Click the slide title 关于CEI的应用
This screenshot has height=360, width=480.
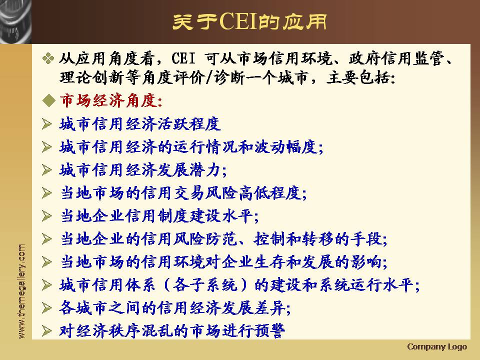point(249,21)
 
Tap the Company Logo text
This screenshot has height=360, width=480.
point(437,346)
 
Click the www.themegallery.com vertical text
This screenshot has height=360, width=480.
point(21,291)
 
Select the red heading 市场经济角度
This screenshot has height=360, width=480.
point(111,100)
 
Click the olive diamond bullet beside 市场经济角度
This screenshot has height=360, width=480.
point(49,100)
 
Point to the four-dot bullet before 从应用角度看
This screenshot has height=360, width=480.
point(48,58)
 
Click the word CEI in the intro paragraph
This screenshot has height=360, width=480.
point(183,58)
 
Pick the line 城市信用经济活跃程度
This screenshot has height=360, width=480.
point(140,124)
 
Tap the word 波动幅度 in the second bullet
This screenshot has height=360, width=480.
point(285,147)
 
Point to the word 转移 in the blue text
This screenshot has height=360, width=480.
point(318,239)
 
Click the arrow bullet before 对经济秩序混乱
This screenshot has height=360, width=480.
point(47,331)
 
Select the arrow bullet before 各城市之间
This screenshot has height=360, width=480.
point(47,308)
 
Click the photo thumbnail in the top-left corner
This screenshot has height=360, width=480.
point(15,21)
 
